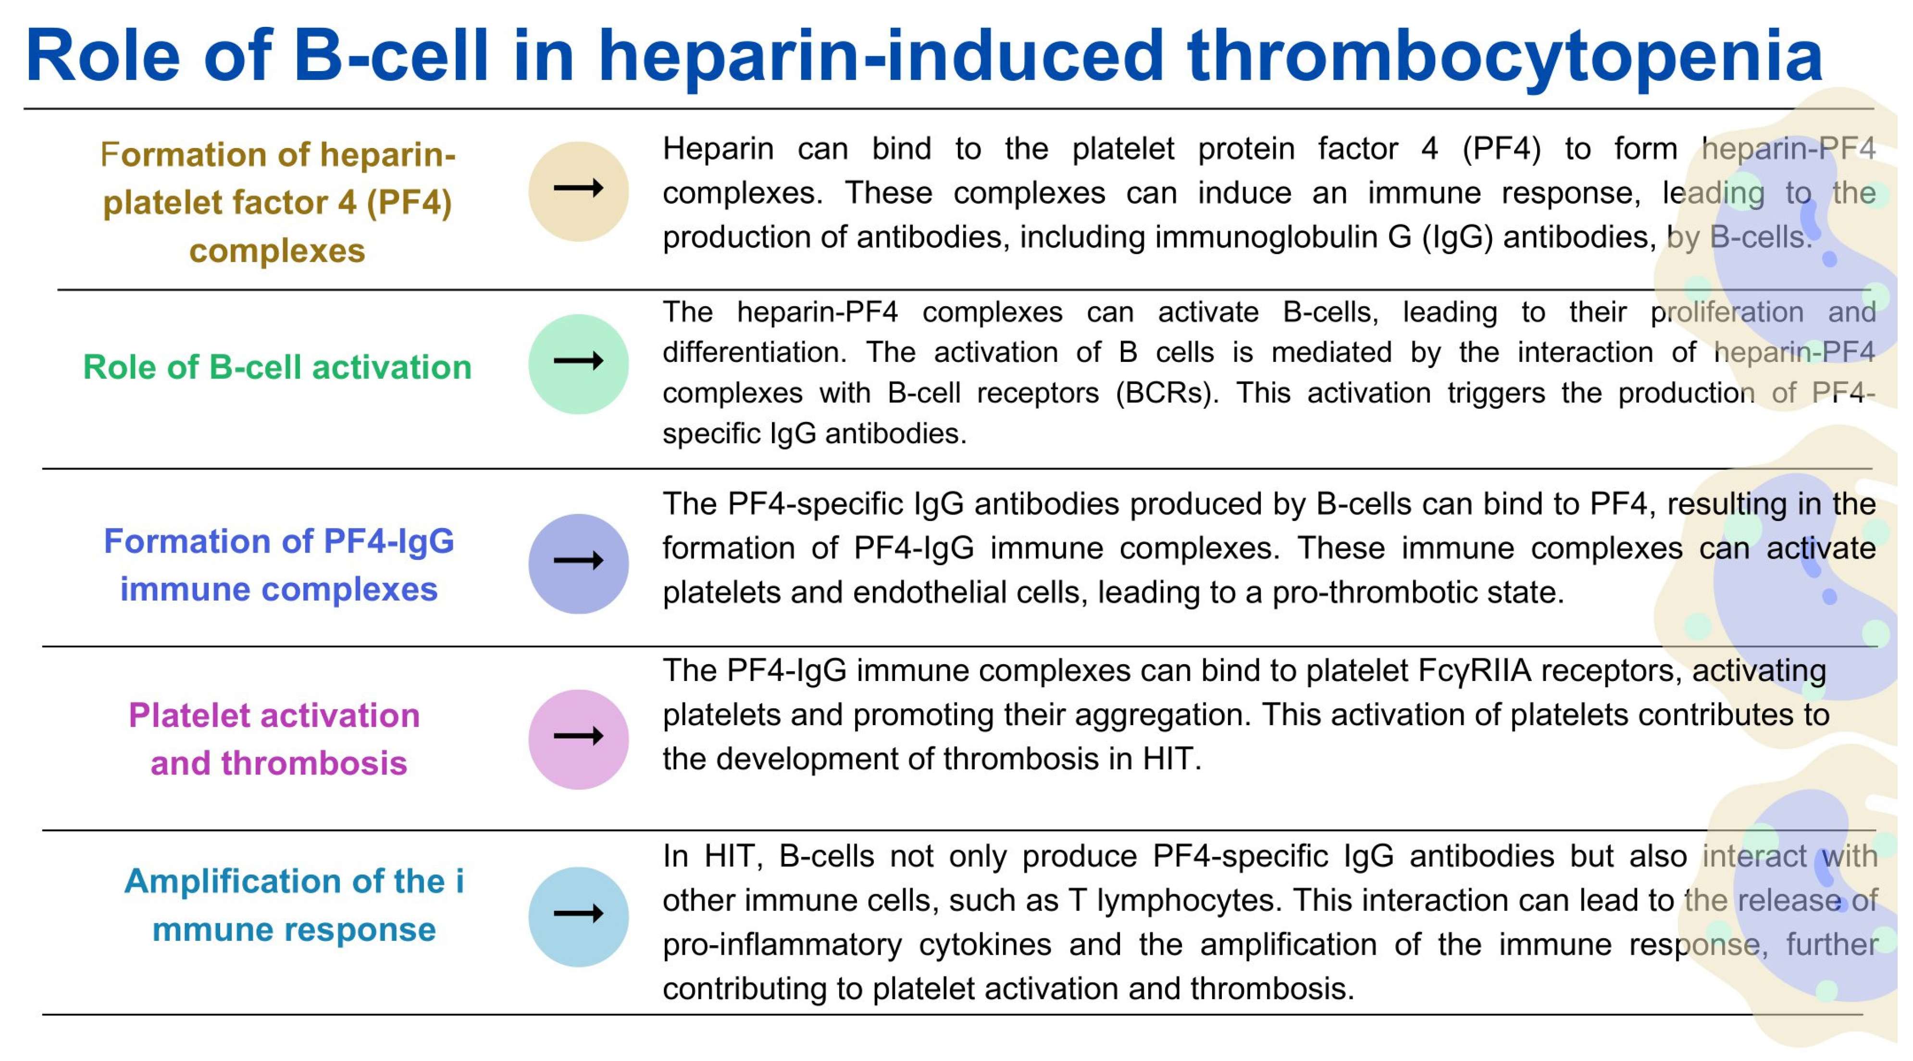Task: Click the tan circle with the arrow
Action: pyautogui.click(x=579, y=191)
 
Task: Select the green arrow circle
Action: pyautogui.click(x=579, y=364)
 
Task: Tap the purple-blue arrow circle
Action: pyautogui.click(x=579, y=564)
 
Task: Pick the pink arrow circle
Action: pyautogui.click(x=579, y=739)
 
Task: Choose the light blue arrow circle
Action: pyautogui.click(x=579, y=916)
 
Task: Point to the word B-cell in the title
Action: pyautogui.click(x=391, y=56)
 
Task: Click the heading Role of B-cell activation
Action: pyautogui.click(x=277, y=367)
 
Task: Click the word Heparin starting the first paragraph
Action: pyautogui.click(x=718, y=150)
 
